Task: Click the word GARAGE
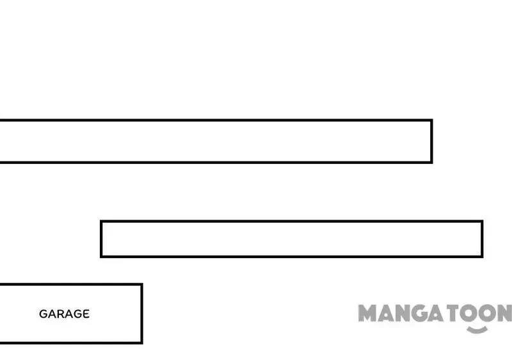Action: (64, 314)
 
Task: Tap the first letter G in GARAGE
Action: (43, 314)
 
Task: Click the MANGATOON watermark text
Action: (435, 313)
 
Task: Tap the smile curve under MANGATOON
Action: (477, 330)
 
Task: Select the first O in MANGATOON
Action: (469, 313)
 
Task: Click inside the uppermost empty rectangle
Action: (216, 141)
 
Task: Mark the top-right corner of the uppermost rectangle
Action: (431, 120)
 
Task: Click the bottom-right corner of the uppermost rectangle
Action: (431, 162)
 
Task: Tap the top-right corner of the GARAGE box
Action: (141, 284)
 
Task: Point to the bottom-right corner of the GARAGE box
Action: (141, 343)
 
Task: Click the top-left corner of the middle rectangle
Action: (101, 221)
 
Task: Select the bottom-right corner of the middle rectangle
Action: (483, 256)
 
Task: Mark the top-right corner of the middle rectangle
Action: (483, 221)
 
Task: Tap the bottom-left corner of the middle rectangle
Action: (101, 256)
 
